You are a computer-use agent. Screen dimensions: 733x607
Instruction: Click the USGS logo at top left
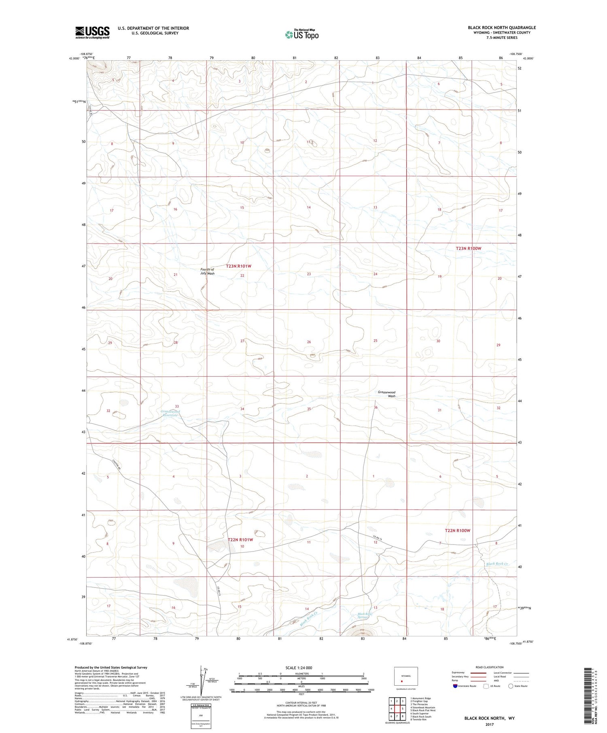pos(92,32)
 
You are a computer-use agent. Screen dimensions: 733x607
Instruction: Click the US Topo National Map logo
pos(302,35)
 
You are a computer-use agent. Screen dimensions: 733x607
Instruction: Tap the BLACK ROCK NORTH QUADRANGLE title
pos(501,27)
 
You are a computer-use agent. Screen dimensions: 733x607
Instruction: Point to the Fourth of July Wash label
pos(207,271)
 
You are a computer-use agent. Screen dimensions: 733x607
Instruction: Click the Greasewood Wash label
pos(386,394)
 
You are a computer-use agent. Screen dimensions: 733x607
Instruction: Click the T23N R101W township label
pos(238,266)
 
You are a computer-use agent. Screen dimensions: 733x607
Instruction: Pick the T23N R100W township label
pos(469,248)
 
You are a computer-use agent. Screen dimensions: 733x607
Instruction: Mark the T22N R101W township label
pos(240,540)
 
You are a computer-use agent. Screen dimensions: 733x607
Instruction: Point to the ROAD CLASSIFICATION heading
pos(490,667)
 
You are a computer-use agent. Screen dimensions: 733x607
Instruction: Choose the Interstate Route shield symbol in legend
pos(455,686)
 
